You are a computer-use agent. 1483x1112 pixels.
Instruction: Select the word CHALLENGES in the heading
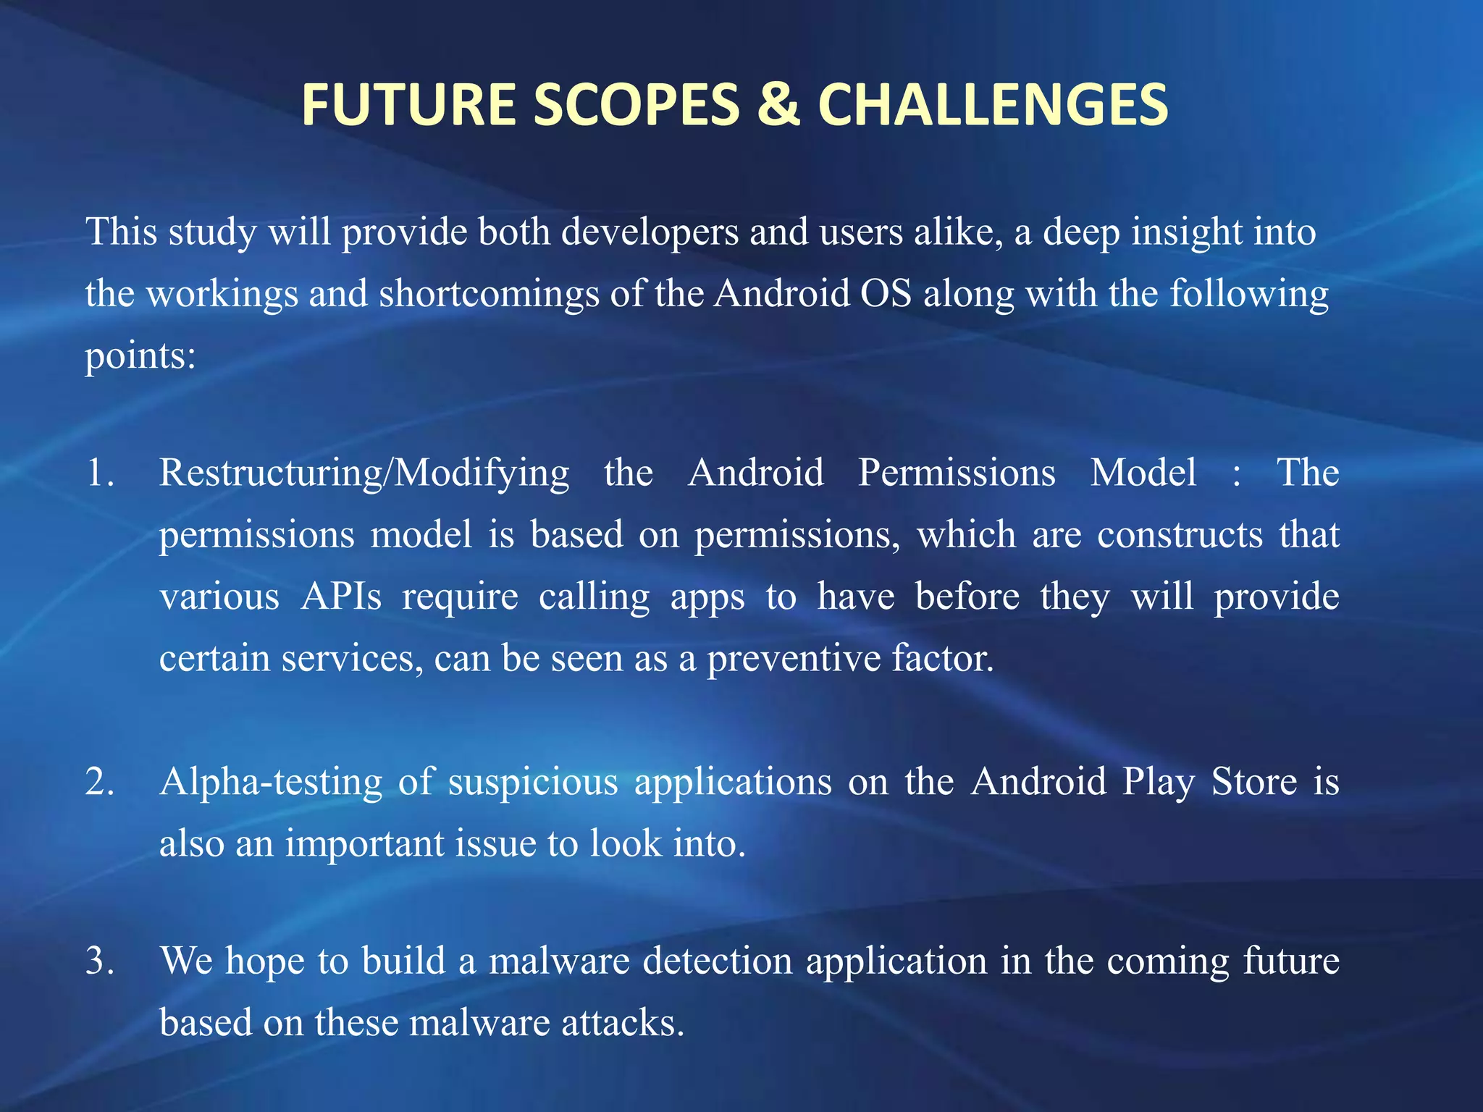tap(993, 104)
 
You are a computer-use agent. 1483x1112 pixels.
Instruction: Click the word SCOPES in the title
tap(637, 104)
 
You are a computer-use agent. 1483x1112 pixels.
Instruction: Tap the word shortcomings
tap(488, 295)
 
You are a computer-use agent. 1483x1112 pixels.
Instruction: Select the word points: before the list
tap(140, 357)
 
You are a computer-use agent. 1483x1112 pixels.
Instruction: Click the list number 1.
tap(99, 473)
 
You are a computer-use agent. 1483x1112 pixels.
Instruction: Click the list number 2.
tap(99, 782)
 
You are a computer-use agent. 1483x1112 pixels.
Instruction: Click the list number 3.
tap(99, 961)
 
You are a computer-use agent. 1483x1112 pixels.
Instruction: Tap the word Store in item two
tap(1254, 782)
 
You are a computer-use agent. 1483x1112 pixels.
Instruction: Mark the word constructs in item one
tap(1180, 535)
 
